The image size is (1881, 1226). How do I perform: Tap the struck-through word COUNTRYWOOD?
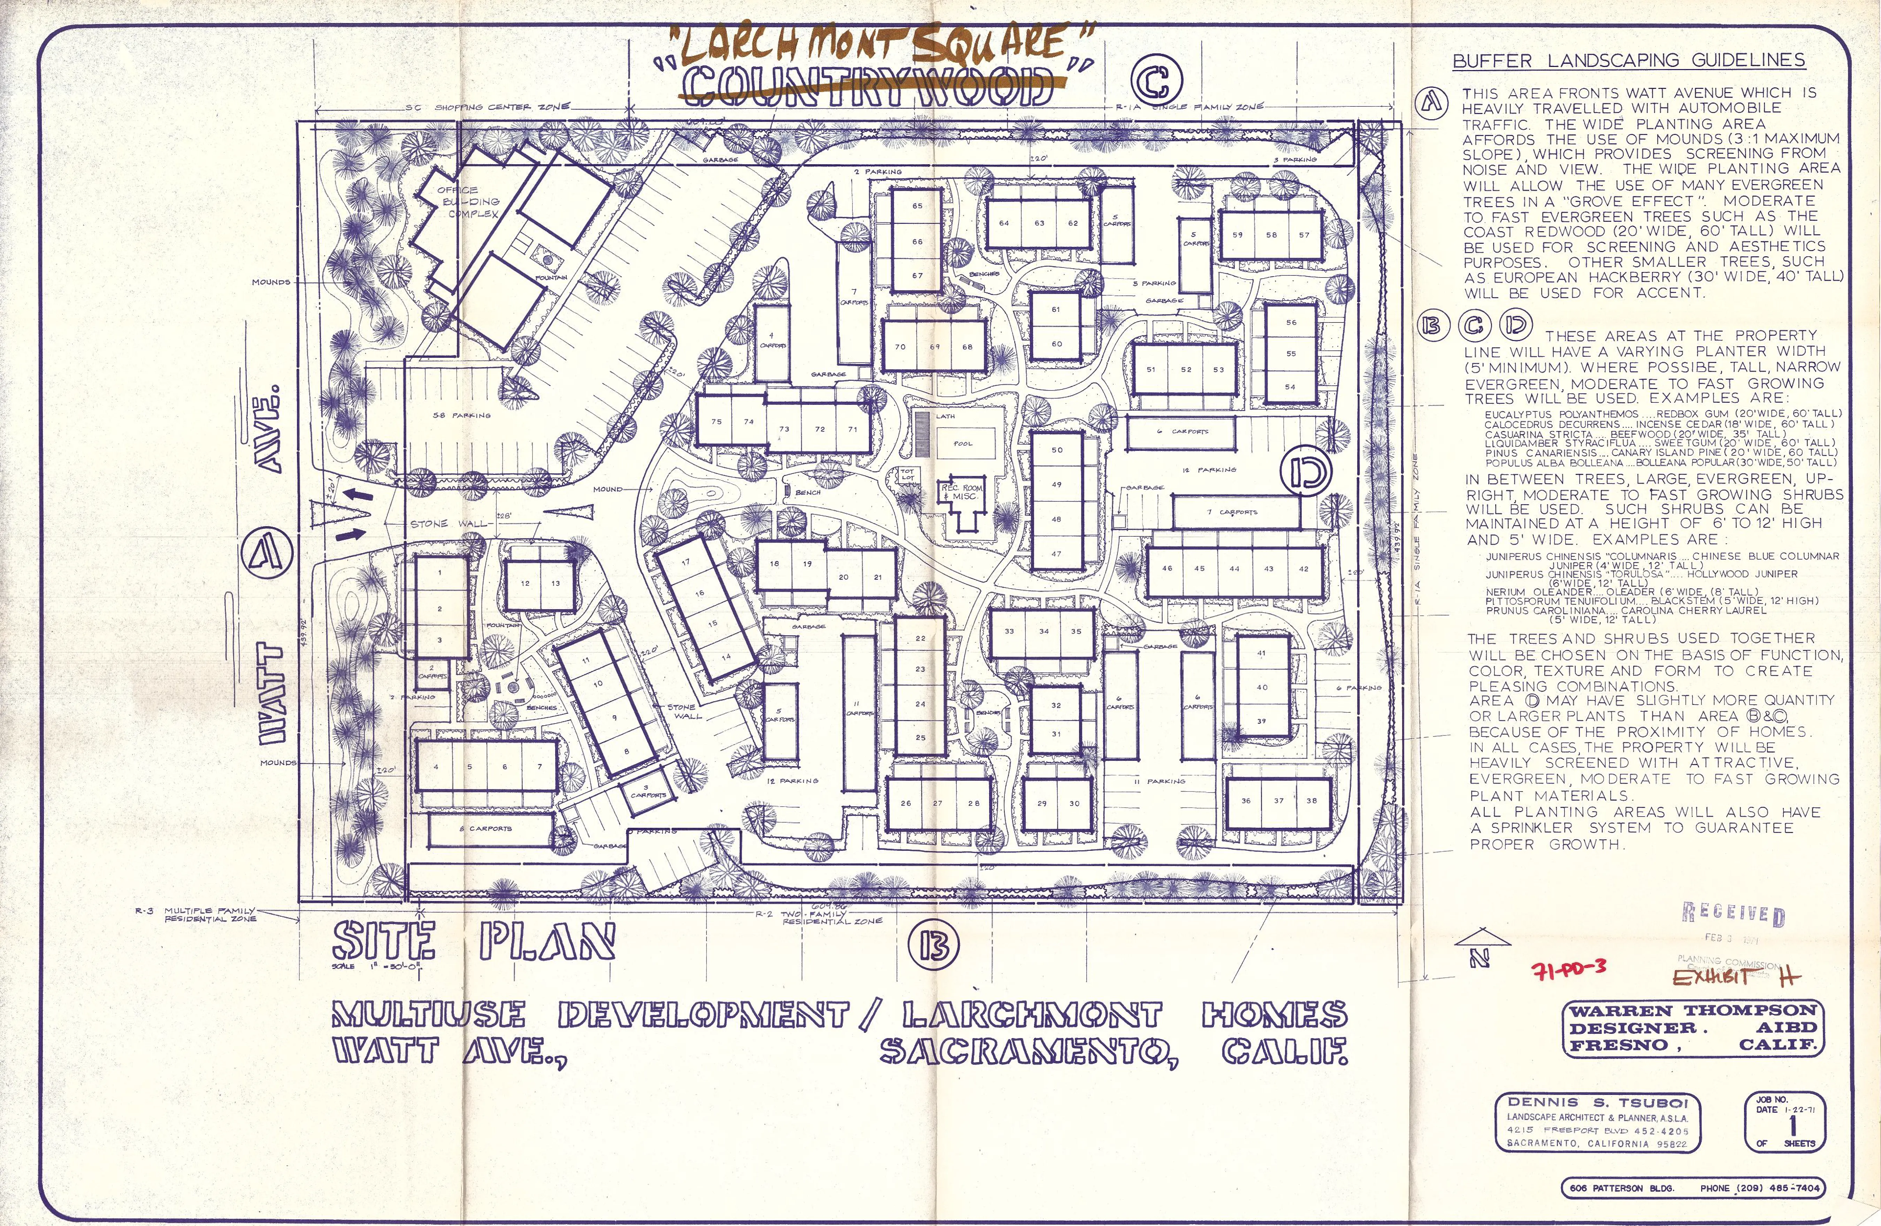coord(869,85)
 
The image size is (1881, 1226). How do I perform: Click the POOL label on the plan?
coord(963,444)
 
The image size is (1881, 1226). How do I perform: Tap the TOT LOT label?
coord(907,474)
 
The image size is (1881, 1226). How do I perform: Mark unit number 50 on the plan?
coord(1057,450)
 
